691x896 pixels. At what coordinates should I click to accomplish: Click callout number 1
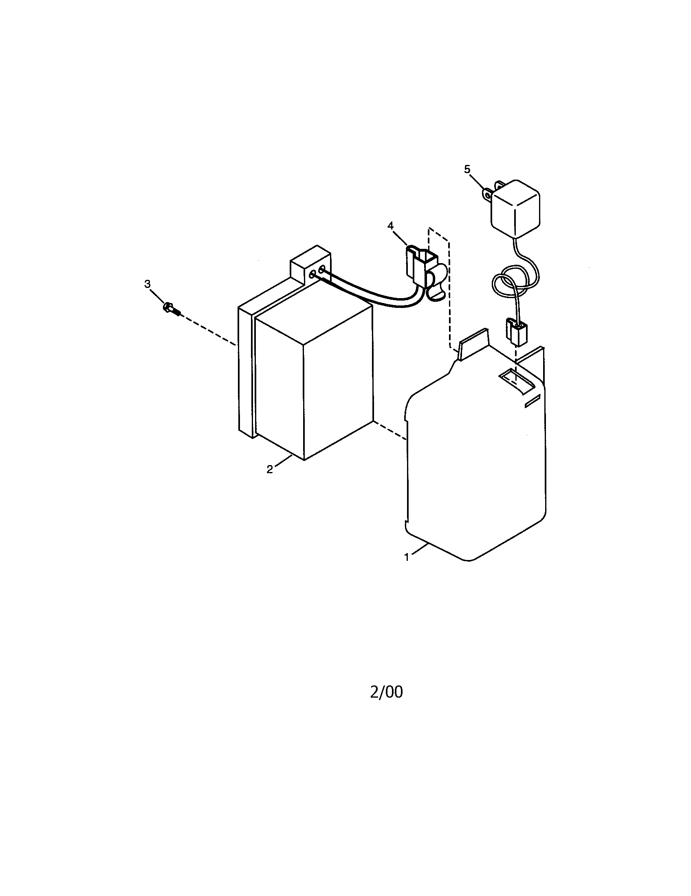pyautogui.click(x=407, y=557)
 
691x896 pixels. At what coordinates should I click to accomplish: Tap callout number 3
pyautogui.click(x=147, y=284)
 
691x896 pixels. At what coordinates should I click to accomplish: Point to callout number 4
pyautogui.click(x=390, y=225)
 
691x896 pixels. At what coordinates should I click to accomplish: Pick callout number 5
pyautogui.click(x=467, y=169)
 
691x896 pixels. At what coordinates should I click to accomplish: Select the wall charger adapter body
pyautogui.click(x=516, y=209)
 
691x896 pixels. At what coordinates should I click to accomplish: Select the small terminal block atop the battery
pyautogui.click(x=310, y=267)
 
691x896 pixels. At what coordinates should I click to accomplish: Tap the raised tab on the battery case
pyautogui.click(x=473, y=344)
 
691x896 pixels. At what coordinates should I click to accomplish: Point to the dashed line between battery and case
pyautogui.click(x=390, y=431)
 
